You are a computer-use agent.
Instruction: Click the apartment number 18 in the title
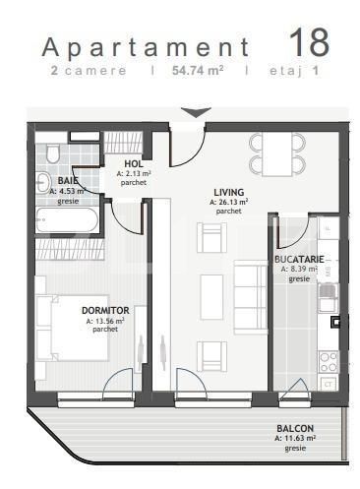click(x=309, y=42)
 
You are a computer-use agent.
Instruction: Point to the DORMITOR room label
click(x=105, y=311)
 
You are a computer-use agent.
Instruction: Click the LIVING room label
click(x=229, y=192)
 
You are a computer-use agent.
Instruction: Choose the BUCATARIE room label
click(x=300, y=260)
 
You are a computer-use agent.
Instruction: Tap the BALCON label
click(x=295, y=428)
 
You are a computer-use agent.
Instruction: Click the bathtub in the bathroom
click(x=65, y=220)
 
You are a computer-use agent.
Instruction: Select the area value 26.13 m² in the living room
click(x=229, y=202)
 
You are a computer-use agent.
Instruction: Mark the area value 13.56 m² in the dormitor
click(x=105, y=321)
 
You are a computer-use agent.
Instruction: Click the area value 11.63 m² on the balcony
click(x=295, y=439)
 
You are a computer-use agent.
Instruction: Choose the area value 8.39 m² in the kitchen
click(x=299, y=270)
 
